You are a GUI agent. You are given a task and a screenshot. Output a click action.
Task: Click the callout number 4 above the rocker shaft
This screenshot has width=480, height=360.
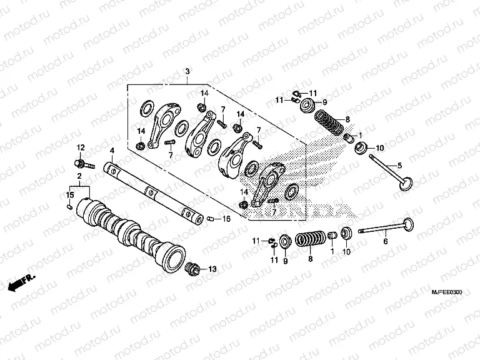(111, 151)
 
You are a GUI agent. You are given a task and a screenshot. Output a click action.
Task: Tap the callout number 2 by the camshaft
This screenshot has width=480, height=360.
(79, 177)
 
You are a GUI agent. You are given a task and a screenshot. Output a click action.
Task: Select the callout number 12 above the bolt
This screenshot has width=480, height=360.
(80, 147)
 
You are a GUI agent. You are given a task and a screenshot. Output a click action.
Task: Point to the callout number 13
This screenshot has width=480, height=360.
(212, 269)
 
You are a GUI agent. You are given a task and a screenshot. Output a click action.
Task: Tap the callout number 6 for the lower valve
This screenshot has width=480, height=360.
(386, 241)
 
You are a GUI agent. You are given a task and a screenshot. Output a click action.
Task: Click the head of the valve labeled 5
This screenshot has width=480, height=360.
(404, 184)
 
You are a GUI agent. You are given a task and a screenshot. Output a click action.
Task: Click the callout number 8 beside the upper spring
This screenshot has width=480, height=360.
(347, 119)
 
